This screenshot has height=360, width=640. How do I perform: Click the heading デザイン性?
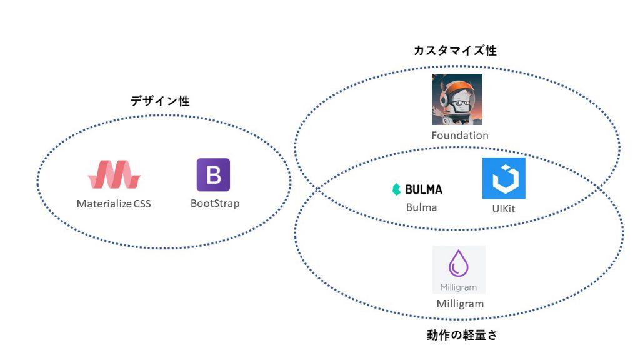(160, 101)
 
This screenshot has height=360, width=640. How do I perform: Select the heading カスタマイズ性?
(455, 51)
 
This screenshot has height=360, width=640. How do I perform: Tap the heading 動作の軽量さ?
(462, 336)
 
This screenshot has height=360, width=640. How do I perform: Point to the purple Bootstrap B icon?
(213, 174)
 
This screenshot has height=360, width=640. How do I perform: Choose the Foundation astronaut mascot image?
(457, 99)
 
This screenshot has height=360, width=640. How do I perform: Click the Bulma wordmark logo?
(417, 189)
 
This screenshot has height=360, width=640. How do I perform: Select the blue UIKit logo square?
(504, 178)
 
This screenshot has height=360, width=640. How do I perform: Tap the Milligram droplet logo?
(459, 264)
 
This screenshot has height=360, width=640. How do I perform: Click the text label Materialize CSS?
(114, 204)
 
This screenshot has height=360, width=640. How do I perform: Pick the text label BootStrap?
(215, 204)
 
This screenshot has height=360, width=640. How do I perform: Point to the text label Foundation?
(460, 136)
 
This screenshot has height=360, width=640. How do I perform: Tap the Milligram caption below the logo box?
(460, 304)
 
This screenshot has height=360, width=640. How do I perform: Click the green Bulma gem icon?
(396, 189)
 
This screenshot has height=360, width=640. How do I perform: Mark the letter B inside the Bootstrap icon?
(214, 175)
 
